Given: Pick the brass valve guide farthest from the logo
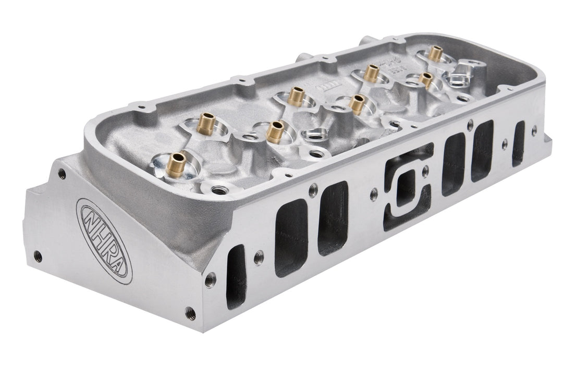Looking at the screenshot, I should click(x=435, y=52).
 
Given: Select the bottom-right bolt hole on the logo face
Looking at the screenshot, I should click(x=190, y=313).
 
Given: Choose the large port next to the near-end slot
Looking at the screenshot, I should click(x=291, y=237).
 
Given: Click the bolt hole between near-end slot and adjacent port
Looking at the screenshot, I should click(x=259, y=257).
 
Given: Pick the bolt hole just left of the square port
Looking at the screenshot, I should click(x=373, y=195).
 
